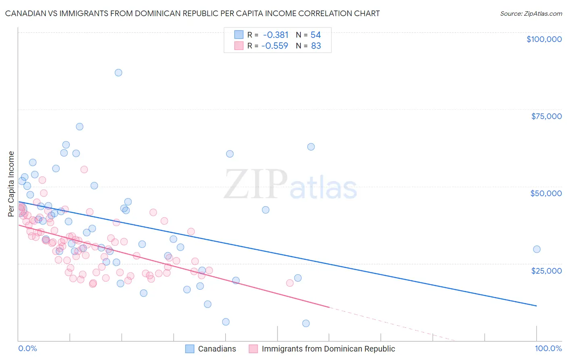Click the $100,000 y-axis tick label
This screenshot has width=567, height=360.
544,39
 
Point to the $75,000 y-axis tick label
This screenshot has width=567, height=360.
546,116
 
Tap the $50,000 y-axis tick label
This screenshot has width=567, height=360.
546,193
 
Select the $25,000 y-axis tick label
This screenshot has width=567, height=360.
546,270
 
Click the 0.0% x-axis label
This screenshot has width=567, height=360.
27,348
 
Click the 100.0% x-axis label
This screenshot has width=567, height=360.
548,348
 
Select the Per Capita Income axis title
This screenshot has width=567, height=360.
11,184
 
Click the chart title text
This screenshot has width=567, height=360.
192,13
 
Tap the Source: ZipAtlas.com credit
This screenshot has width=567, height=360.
531,13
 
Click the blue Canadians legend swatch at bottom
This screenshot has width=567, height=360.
190,349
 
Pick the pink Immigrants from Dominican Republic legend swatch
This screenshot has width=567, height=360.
253,349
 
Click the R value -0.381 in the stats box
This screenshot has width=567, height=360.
276,35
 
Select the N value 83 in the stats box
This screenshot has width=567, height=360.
316,46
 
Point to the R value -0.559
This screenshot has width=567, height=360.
275,46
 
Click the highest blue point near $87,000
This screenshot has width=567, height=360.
118,73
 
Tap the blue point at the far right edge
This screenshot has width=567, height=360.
536,249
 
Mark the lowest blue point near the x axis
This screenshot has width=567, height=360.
306,323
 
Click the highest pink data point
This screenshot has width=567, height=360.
84,170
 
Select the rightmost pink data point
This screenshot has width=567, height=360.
290,283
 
